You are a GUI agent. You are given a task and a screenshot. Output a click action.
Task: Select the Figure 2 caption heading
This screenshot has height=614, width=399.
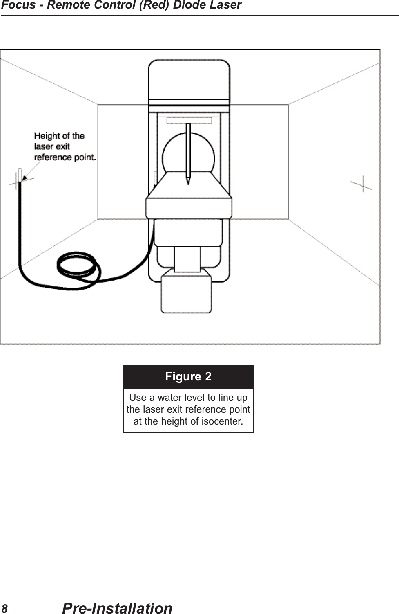coord(188,376)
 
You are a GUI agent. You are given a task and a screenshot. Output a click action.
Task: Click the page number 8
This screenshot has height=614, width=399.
coord(4,608)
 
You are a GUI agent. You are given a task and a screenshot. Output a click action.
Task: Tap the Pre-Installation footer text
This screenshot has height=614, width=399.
coord(117,608)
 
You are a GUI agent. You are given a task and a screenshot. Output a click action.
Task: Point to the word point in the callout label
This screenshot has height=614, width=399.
coord(84,157)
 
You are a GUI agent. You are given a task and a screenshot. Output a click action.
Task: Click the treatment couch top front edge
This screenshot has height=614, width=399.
coord(189,207)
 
